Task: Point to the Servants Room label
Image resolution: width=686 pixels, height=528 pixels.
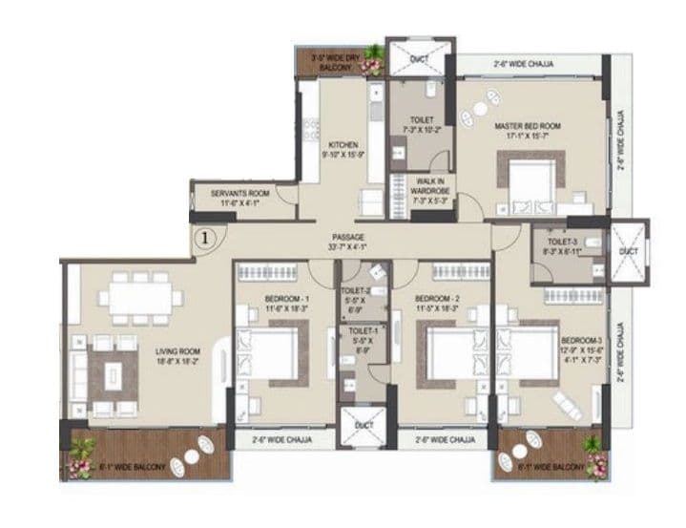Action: tap(244, 198)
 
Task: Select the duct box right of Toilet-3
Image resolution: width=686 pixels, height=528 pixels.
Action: tap(627, 251)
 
